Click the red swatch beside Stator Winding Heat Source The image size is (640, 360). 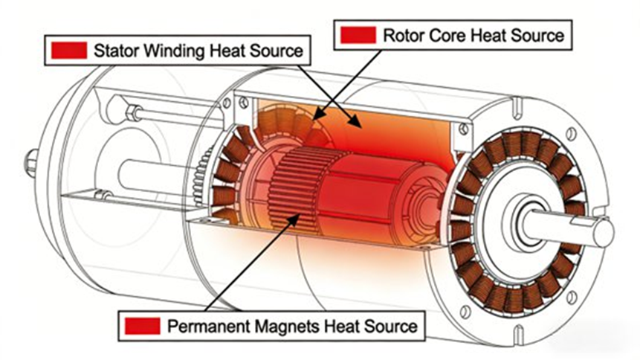pyautogui.click(x=69, y=51)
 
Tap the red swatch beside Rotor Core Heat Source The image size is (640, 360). pyautogui.click(x=357, y=34)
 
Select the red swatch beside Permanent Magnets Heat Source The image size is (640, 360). pyautogui.click(x=143, y=325)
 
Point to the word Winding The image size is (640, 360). pyautogui.click(x=164, y=51)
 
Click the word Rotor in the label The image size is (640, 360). pyautogui.click(x=401, y=34)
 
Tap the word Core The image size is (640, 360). pyautogui.click(x=444, y=34)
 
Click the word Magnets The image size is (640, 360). pyautogui.click(x=278, y=325)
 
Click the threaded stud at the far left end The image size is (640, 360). pyautogui.click(x=31, y=161)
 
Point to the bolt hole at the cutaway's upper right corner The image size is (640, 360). pyautogui.click(x=465, y=129)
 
